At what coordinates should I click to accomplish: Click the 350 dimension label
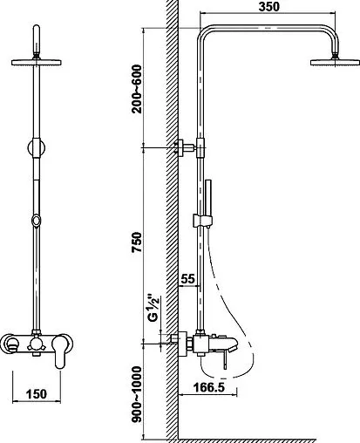coord(268,6)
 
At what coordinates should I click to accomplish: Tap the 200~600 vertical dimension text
coord(137,89)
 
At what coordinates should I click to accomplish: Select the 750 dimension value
coord(137,242)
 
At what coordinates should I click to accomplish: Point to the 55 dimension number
coord(187,279)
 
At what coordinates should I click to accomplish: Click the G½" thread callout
coord(153,309)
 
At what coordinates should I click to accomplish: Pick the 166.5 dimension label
coord(209,387)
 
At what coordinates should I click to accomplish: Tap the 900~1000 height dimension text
coord(137,394)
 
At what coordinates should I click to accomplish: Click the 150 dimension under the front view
coord(37,394)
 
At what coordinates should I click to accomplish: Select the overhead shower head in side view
coord(335,62)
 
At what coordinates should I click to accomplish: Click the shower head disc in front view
coord(37,62)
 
